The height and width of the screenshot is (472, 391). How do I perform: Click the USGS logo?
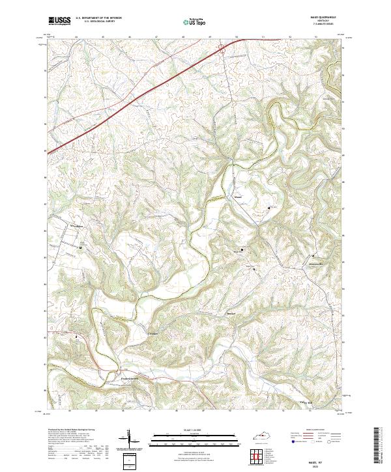coord(59,21)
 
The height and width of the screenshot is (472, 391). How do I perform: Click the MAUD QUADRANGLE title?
coord(325,17)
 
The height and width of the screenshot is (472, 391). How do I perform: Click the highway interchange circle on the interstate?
coord(222,47)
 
